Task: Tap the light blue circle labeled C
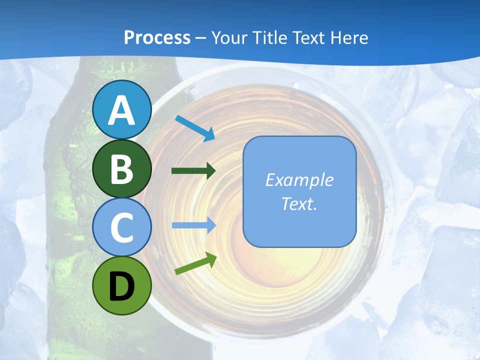coord(121,227)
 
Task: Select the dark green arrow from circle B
coord(193,171)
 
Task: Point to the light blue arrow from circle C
coord(193,225)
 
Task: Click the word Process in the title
coord(157,37)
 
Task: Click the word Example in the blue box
coord(299,180)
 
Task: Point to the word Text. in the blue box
coord(299,203)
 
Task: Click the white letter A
coord(121,110)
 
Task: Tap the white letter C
coord(121,227)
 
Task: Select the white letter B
coord(121,169)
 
